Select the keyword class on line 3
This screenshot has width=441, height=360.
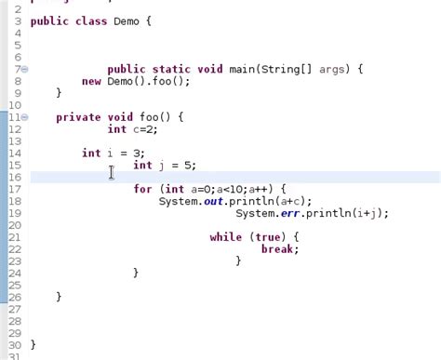click(x=90, y=20)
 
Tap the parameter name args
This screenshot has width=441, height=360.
click(x=334, y=69)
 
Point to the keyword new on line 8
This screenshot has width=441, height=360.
click(x=91, y=81)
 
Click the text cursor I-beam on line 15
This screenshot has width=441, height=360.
click(x=112, y=172)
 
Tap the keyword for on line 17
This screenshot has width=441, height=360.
click(x=142, y=189)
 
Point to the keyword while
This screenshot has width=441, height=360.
click(x=225, y=237)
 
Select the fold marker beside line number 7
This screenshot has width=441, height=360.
click(x=24, y=70)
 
